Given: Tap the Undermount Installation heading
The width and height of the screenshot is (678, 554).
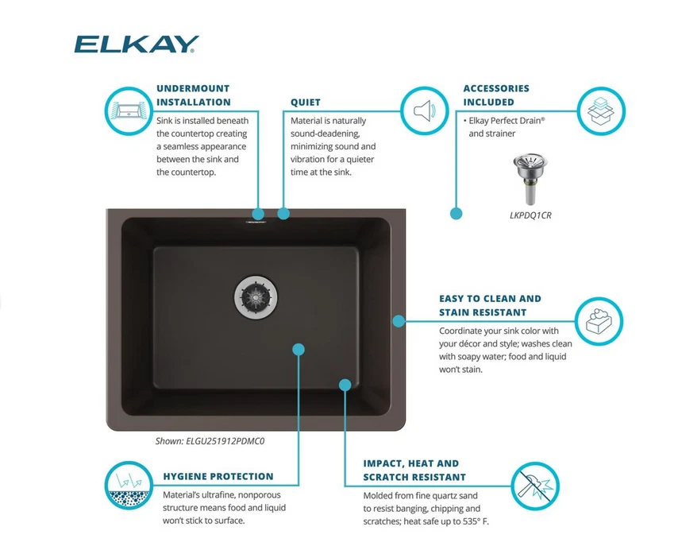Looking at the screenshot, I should (193, 95).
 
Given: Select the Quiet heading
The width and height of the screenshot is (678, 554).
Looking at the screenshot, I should (306, 103).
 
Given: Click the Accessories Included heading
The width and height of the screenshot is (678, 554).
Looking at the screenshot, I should (496, 95).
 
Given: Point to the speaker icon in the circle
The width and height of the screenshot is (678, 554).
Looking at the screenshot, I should (421, 110).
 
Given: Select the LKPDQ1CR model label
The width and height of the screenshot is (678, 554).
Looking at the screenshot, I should (530, 215).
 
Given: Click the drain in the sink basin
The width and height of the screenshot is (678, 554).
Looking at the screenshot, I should (256, 295).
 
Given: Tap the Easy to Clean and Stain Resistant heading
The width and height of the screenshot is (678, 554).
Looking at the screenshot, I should (490, 305).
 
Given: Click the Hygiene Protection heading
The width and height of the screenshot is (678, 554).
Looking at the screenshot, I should (218, 477).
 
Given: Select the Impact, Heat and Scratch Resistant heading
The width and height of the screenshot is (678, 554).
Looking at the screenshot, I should (414, 470).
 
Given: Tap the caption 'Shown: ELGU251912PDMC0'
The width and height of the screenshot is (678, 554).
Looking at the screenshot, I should (209, 440).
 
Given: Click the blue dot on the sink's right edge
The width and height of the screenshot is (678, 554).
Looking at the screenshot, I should (399, 320).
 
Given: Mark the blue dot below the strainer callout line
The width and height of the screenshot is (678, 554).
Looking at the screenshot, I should (456, 213).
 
